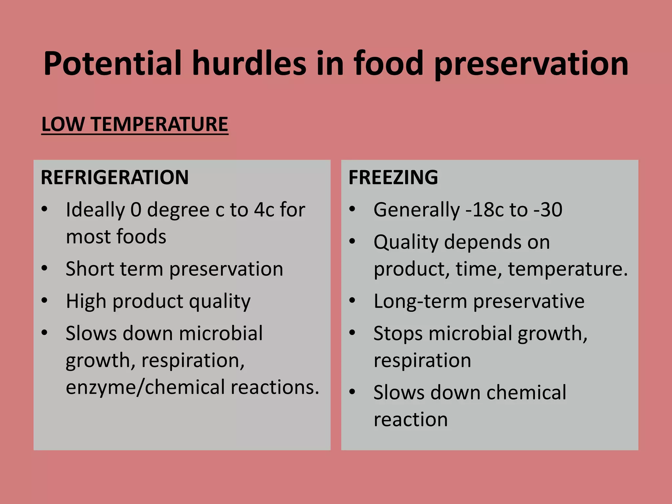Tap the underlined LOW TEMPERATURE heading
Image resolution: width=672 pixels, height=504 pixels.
(x=135, y=124)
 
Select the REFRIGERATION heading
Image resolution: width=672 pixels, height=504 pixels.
(x=115, y=178)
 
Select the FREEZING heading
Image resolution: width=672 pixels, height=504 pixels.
(x=393, y=178)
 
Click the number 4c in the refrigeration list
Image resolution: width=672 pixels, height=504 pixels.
(x=264, y=210)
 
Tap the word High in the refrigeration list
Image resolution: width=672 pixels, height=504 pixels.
(x=86, y=301)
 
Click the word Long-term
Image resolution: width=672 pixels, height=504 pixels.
(x=420, y=301)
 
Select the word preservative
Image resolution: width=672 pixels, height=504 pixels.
(x=529, y=301)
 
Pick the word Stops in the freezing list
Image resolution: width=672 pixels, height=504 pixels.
(x=398, y=334)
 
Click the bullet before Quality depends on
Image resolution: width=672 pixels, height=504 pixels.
(x=352, y=241)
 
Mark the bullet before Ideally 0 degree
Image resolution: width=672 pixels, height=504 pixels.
(x=44, y=209)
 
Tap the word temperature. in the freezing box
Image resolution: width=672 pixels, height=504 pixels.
(x=568, y=269)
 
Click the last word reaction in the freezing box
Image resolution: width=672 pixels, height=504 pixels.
(x=410, y=419)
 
